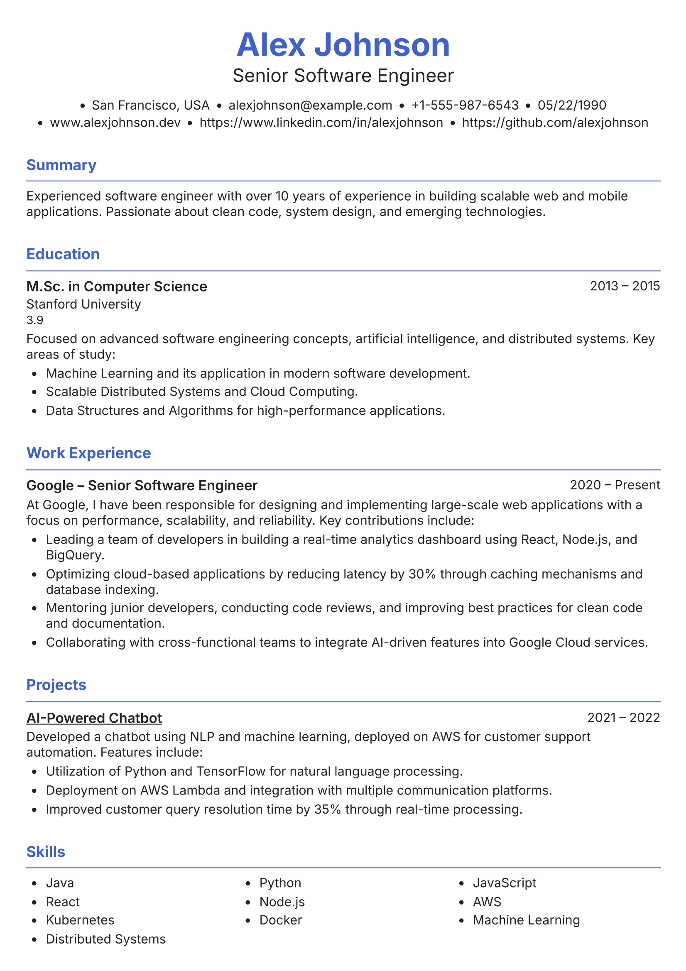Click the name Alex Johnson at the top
coord(343,45)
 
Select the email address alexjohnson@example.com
coord(310,105)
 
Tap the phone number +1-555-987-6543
coord(464,105)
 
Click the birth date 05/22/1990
coord(572,105)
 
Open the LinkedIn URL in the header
coord(321,123)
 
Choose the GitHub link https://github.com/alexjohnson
coord(554,123)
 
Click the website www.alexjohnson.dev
coord(115,123)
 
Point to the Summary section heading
coord(61,165)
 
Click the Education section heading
coord(63,254)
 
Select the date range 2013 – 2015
coord(625,286)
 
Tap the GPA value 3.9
coord(35,320)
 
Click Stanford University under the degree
coord(83,304)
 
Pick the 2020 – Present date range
coord(615,485)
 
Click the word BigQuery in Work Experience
coord(74,555)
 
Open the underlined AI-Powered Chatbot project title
coord(94,718)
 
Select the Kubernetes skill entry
coord(80,920)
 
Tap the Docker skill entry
coord(280,920)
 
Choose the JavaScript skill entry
coord(504,883)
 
